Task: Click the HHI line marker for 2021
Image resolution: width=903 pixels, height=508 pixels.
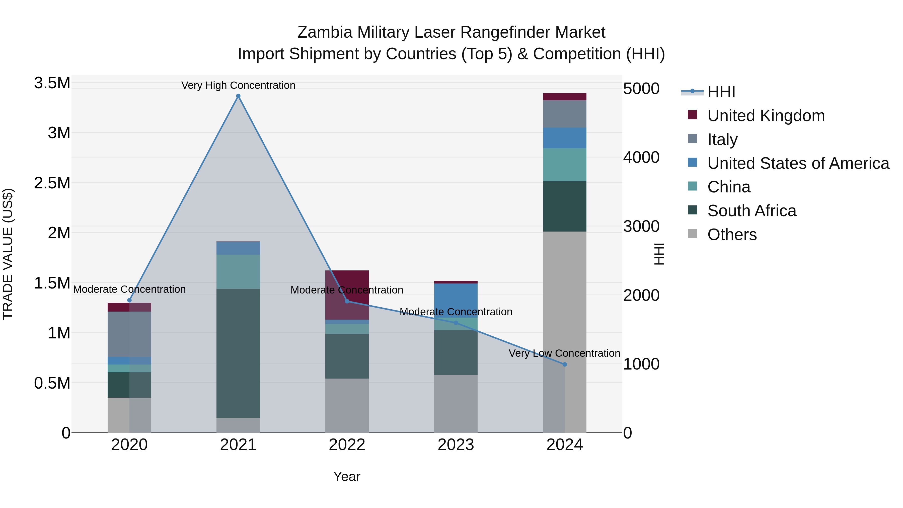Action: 238,96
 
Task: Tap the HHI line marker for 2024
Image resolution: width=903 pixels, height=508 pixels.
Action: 564,365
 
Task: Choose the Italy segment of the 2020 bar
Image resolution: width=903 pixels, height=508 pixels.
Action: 129,334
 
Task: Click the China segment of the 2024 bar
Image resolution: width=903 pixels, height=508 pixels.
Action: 564,164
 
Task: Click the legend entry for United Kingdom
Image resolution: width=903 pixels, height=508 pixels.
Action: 766,116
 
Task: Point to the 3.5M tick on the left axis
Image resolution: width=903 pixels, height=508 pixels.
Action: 52,83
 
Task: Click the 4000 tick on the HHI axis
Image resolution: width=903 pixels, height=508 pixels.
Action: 641,157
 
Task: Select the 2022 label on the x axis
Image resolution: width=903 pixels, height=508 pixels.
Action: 347,445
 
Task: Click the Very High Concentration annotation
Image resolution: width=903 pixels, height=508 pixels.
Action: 238,85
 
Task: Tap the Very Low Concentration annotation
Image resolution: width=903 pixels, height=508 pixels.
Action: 564,353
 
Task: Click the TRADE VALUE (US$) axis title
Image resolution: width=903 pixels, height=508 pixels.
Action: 8,254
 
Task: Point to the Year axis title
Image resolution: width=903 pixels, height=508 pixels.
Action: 347,476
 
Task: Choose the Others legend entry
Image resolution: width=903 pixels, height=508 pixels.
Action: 732,235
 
